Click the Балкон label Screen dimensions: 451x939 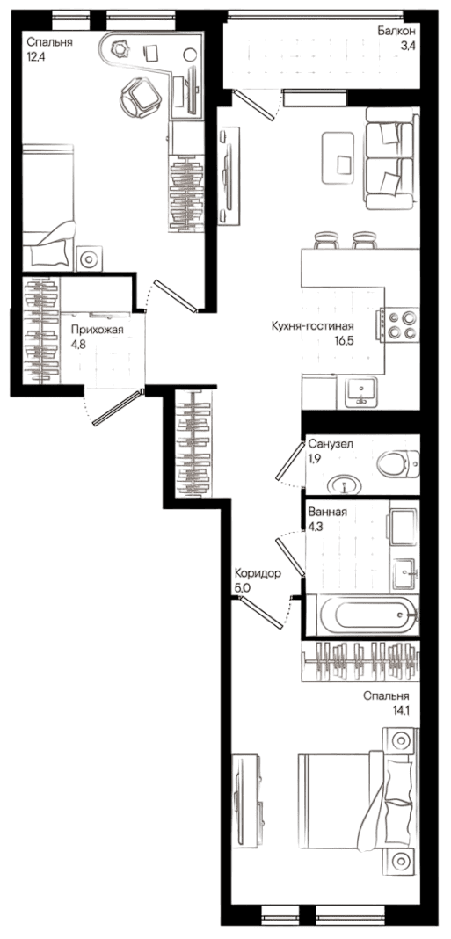[x=397, y=30]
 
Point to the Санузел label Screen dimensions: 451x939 [x=331, y=444]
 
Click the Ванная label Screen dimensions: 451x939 [x=327, y=512]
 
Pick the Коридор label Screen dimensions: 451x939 [x=258, y=573]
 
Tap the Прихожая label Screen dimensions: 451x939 [x=97, y=329]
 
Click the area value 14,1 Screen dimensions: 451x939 [x=398, y=710]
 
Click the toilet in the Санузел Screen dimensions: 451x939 [x=399, y=464]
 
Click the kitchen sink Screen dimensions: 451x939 [x=361, y=393]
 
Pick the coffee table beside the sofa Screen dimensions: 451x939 [x=338, y=157]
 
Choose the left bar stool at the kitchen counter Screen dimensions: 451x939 [x=326, y=240]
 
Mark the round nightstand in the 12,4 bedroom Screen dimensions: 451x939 [x=90, y=258]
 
